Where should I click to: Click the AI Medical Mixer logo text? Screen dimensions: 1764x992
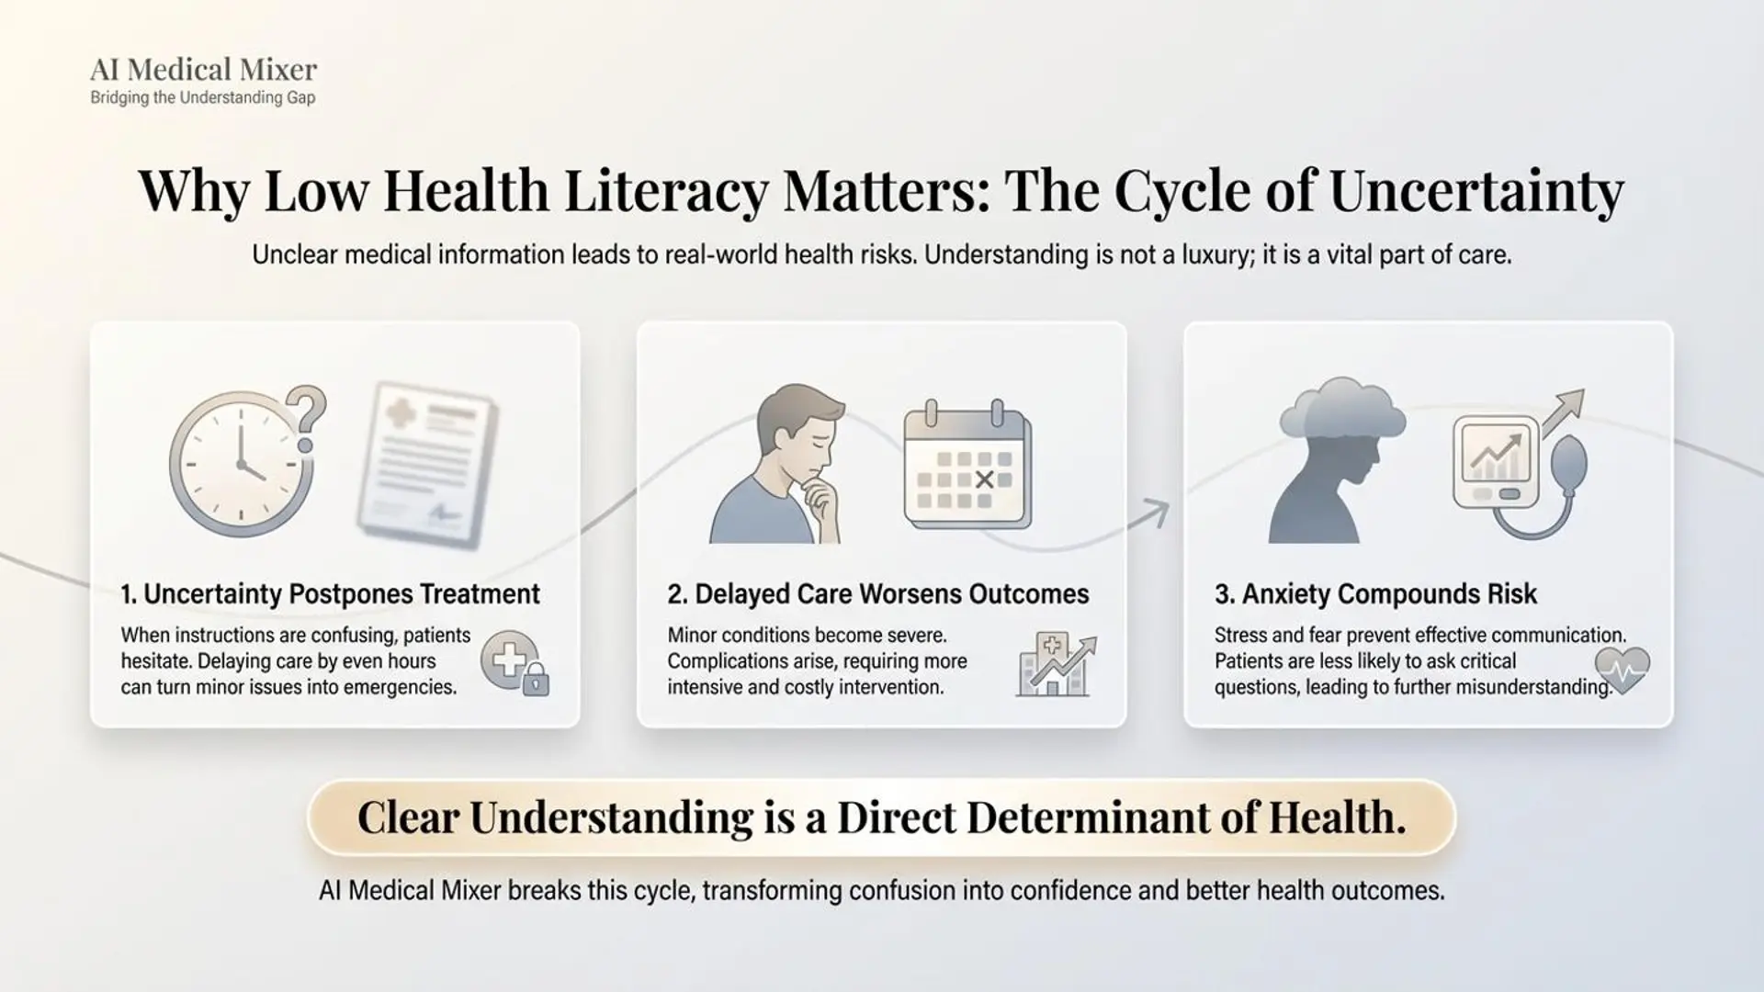click(203, 69)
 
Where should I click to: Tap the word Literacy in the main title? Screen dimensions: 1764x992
click(665, 193)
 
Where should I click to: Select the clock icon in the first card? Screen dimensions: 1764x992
click(241, 465)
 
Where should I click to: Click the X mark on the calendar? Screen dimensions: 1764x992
click(984, 479)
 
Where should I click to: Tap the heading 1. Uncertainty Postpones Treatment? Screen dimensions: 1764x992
click(330, 594)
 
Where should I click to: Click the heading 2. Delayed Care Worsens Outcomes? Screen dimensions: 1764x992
click(878, 594)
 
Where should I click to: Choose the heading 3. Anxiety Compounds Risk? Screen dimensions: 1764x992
click(1375, 594)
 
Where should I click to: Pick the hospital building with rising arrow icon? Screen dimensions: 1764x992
click(1056, 664)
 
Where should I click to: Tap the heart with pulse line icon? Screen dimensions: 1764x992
click(1623, 670)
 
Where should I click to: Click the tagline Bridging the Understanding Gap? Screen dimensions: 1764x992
click(203, 98)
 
